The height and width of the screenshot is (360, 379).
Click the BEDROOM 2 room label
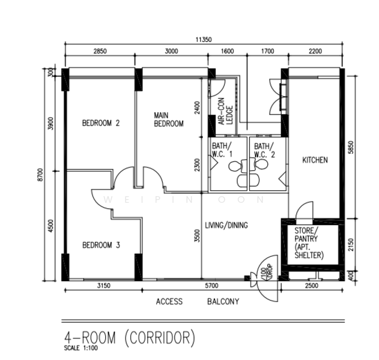pyautogui.click(x=101, y=123)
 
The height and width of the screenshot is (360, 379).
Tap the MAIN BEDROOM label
pyautogui.click(x=169, y=119)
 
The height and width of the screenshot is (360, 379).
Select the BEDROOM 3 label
pyautogui.click(x=101, y=245)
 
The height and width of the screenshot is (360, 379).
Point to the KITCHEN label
pyautogui.click(x=315, y=160)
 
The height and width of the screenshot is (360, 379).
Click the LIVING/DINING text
pyautogui.click(x=226, y=225)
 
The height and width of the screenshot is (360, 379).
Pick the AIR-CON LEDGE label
pyautogui.click(x=225, y=112)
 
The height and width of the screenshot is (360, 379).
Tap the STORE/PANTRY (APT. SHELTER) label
pyautogui.click(x=309, y=243)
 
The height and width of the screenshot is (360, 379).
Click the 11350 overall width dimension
pyautogui.click(x=204, y=40)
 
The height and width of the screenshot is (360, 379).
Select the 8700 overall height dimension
pyautogui.click(x=40, y=175)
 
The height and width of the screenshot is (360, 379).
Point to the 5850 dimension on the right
pyautogui.click(x=351, y=147)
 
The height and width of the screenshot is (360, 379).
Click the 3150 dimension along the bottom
pyautogui.click(x=104, y=286)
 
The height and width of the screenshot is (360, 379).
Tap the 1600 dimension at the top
pyautogui.click(x=228, y=51)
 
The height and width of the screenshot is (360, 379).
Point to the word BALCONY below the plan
pyautogui.click(x=223, y=302)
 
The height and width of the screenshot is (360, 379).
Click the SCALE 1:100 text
pyautogui.click(x=80, y=348)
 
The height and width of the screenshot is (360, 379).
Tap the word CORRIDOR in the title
pyautogui.click(x=160, y=338)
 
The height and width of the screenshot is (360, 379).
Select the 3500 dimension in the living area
pyautogui.click(x=198, y=236)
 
